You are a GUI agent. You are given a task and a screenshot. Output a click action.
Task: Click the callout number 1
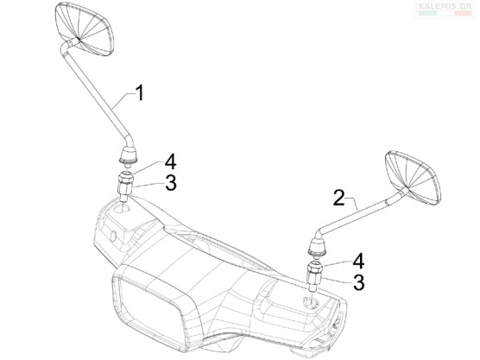coord(140,93)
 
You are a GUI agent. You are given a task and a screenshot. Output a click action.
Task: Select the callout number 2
coord(339,198)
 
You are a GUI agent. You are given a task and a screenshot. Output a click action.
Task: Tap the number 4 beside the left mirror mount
coord(171,162)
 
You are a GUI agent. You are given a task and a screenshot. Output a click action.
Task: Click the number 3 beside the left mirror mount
coord(171,183)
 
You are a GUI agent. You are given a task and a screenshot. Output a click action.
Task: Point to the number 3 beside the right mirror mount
coord(359,282)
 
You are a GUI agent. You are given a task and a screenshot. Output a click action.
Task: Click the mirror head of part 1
coord(85,29)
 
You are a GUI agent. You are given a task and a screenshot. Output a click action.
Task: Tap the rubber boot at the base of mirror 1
coord(128,155)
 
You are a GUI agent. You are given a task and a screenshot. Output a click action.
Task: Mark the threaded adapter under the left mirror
coord(125,186)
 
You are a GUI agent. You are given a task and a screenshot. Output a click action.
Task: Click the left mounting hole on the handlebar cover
coord(121,209)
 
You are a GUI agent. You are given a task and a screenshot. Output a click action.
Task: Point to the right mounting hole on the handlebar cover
coord(311,302)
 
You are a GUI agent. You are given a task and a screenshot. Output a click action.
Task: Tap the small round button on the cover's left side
coord(113,236)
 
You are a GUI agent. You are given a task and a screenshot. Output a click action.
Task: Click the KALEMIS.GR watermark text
coord(445,6)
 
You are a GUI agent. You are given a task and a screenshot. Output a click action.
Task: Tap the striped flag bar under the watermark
coord(445,13)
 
